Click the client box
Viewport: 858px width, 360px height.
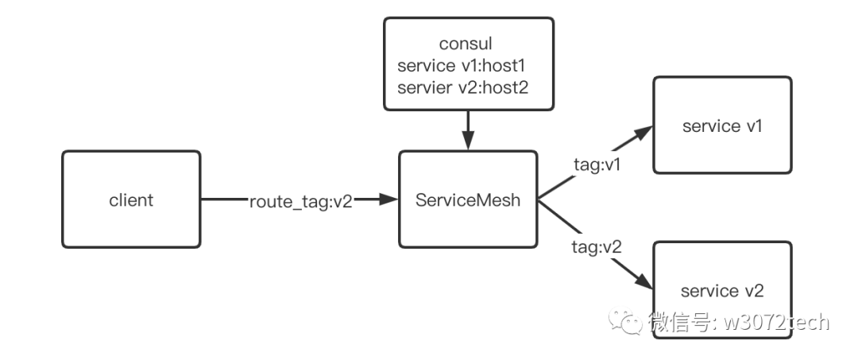[x=131, y=199]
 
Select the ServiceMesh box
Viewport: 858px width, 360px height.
[x=468, y=199]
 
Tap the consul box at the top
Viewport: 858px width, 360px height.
[x=469, y=64]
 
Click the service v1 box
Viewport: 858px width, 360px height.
[x=722, y=126]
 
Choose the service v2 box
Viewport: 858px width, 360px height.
[x=722, y=290]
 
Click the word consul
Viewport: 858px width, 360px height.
[x=466, y=43]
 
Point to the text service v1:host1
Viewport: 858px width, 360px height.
[x=462, y=66]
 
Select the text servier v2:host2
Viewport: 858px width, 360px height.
[x=463, y=87]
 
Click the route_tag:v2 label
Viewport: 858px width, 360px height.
[x=301, y=202]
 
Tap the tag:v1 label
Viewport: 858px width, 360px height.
[x=597, y=165]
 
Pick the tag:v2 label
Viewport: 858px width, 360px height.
[x=597, y=247]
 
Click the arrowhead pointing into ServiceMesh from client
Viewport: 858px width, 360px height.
[x=388, y=199]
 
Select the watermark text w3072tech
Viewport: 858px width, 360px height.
[x=776, y=322]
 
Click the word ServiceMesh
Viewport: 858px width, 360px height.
[x=468, y=200]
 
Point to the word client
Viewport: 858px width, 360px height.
[x=131, y=200]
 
